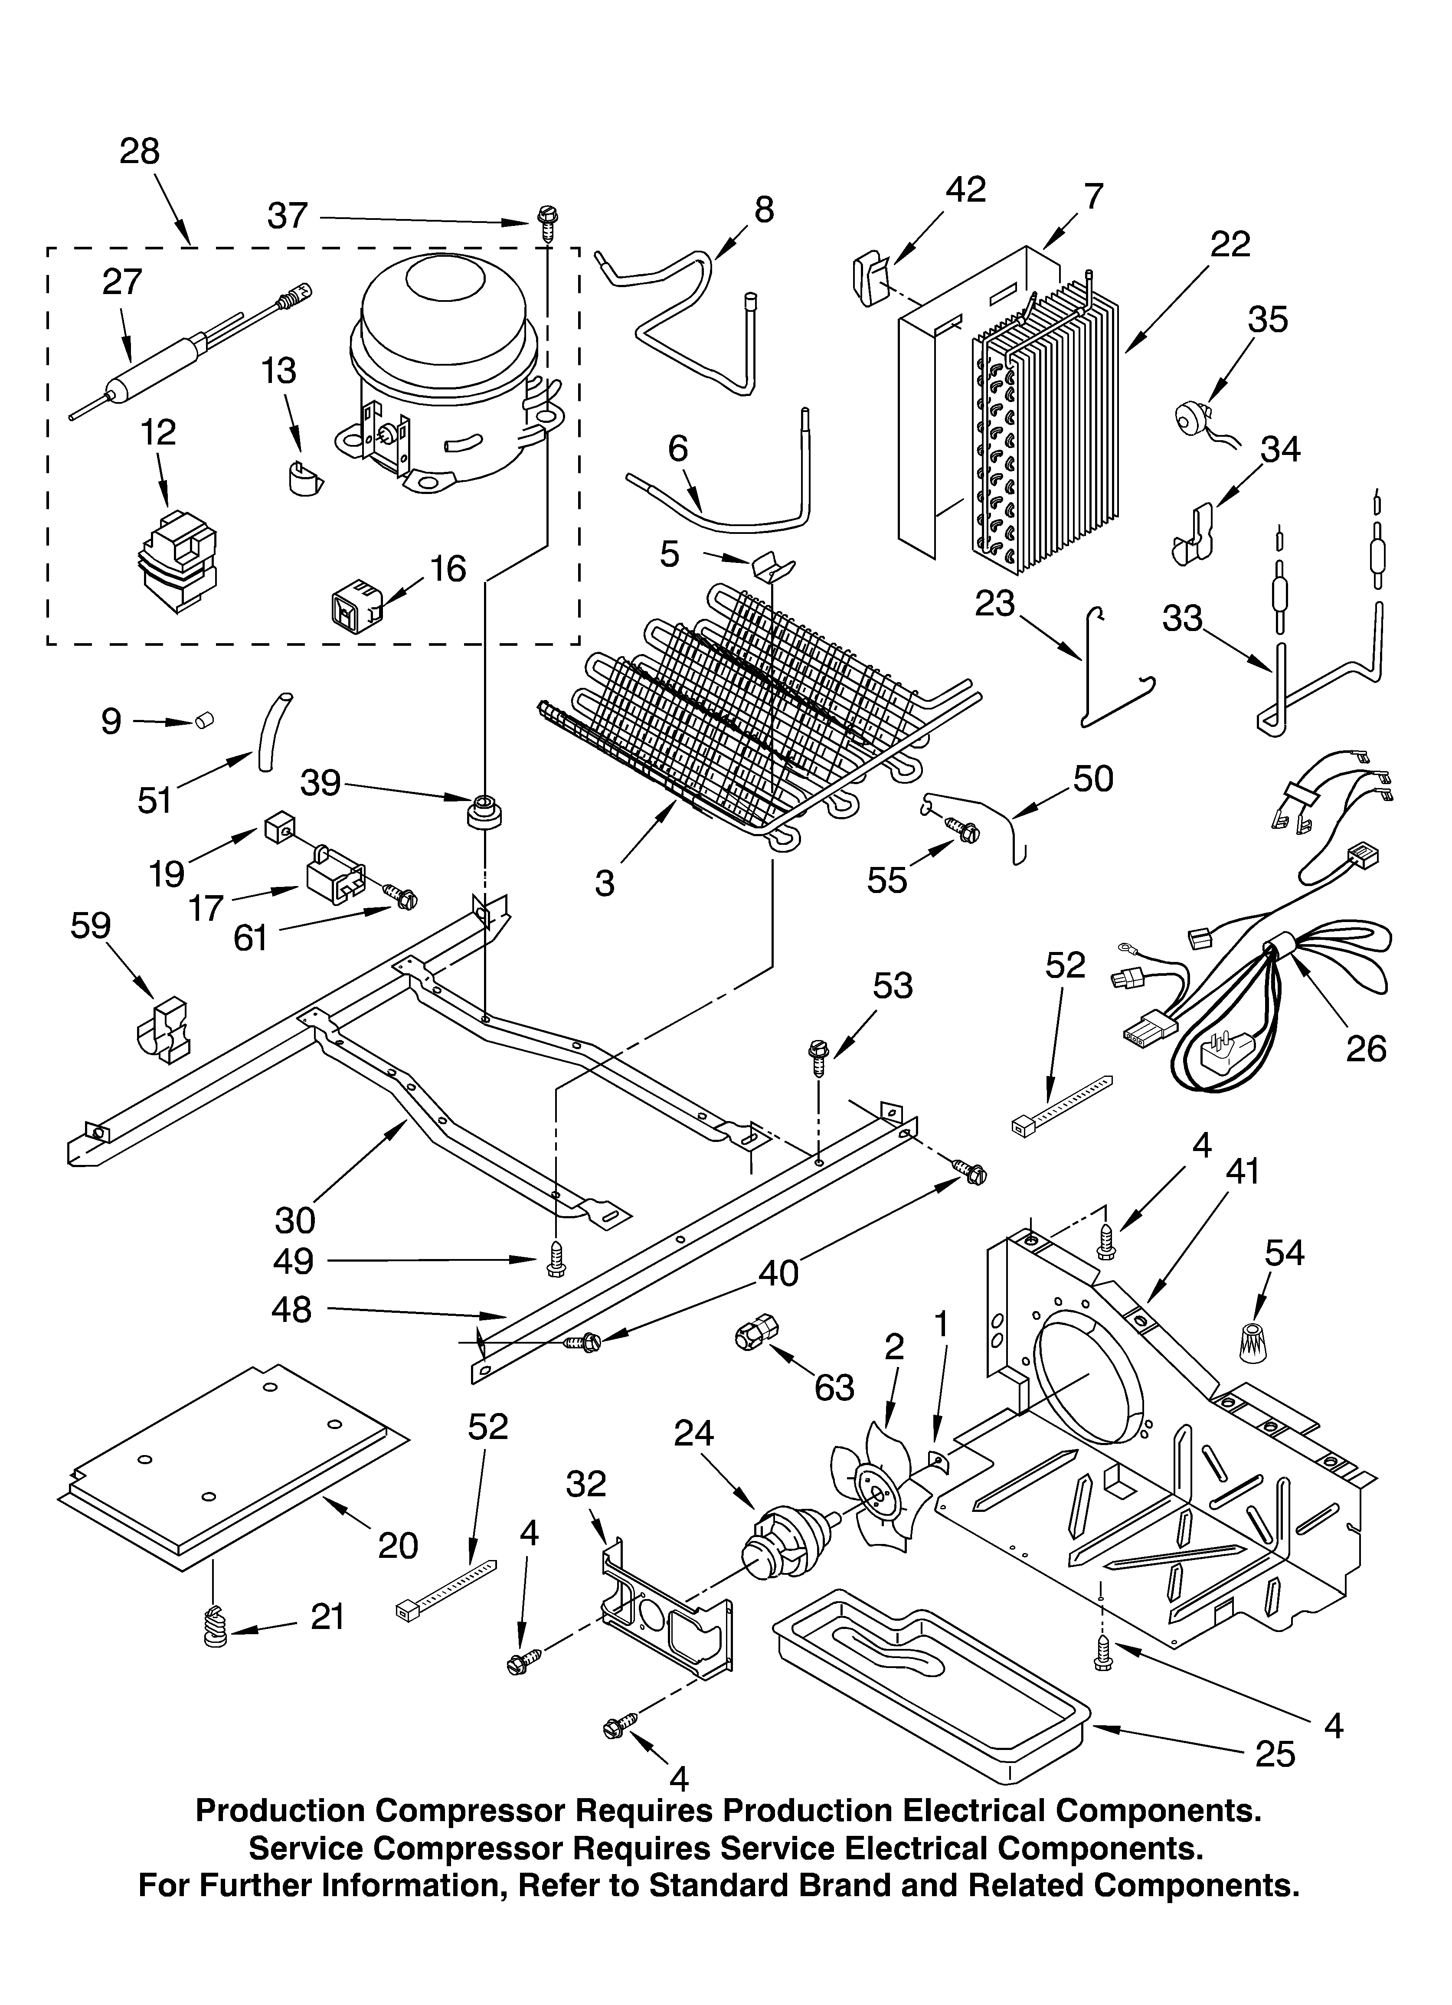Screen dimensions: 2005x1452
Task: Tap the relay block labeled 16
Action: [354, 603]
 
